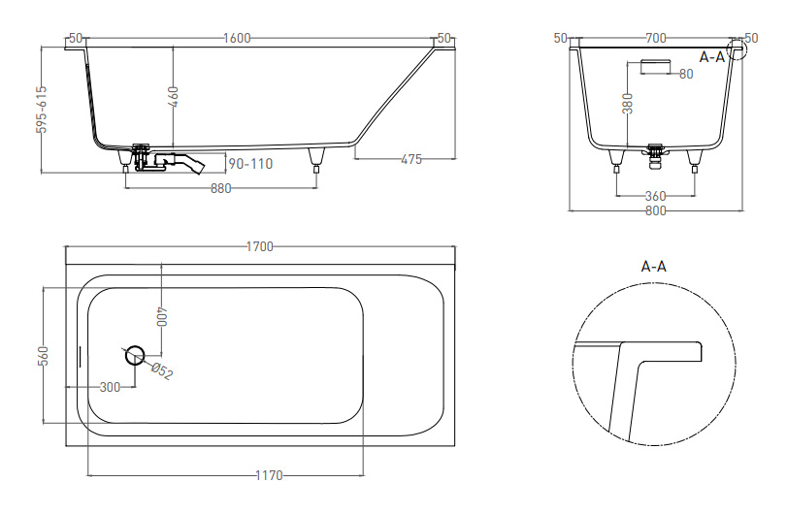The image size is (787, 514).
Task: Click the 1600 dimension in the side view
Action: pos(237,38)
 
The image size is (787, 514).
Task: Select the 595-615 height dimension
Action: pos(42,110)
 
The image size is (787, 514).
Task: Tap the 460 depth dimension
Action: pos(174,97)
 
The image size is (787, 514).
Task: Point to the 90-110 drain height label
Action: pos(250,164)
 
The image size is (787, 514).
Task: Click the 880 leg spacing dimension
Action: pos(221,188)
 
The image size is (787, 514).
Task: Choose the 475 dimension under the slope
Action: pos(411,159)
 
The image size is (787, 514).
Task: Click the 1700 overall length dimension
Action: pos(260,246)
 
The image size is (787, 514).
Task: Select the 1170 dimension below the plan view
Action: pos(270,475)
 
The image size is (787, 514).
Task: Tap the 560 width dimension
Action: pos(45,356)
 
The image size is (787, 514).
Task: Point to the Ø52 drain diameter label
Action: pos(162,371)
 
